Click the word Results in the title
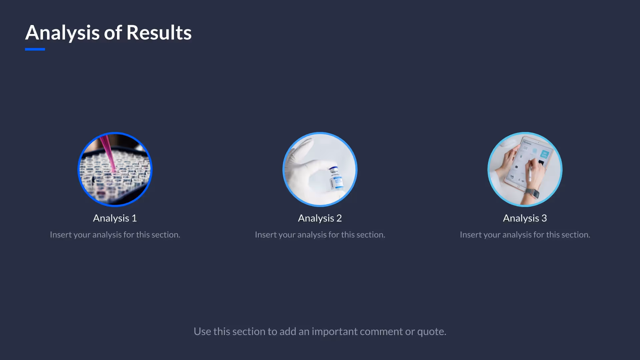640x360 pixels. (159, 33)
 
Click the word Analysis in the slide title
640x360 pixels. (62, 33)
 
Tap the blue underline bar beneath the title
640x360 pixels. (35, 49)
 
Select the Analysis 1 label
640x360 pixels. (115, 218)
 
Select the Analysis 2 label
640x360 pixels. (320, 218)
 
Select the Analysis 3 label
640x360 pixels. (525, 218)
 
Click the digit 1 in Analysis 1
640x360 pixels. (134, 218)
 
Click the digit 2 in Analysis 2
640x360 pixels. (339, 218)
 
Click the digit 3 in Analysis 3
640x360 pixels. (544, 218)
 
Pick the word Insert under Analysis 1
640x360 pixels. (61, 235)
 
